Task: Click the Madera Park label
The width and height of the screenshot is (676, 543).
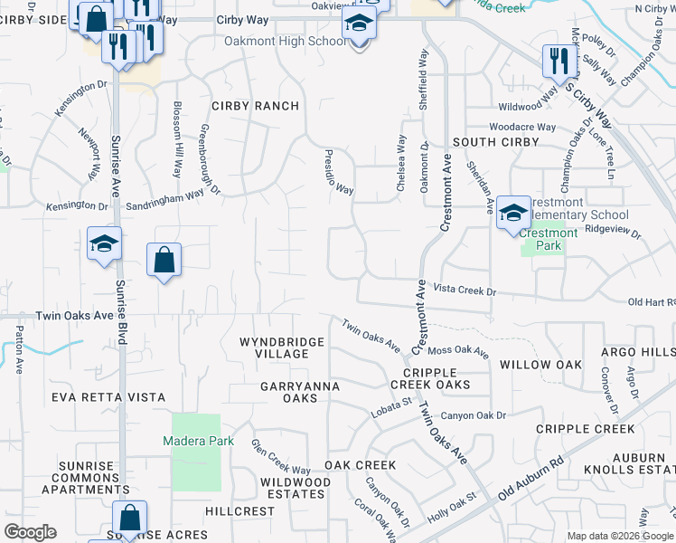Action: [x=198, y=442]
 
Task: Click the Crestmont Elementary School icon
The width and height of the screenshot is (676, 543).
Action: [x=513, y=214]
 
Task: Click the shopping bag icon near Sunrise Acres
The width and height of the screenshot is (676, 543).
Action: [x=130, y=518]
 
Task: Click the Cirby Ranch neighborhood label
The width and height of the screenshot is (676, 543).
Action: [x=255, y=106]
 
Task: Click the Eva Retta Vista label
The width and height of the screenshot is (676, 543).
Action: [x=108, y=397]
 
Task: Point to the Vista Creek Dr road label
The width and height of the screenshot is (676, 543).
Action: [x=465, y=291]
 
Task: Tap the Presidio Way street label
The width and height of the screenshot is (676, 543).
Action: [x=339, y=172]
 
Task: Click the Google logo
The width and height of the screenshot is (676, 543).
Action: [x=30, y=532]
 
